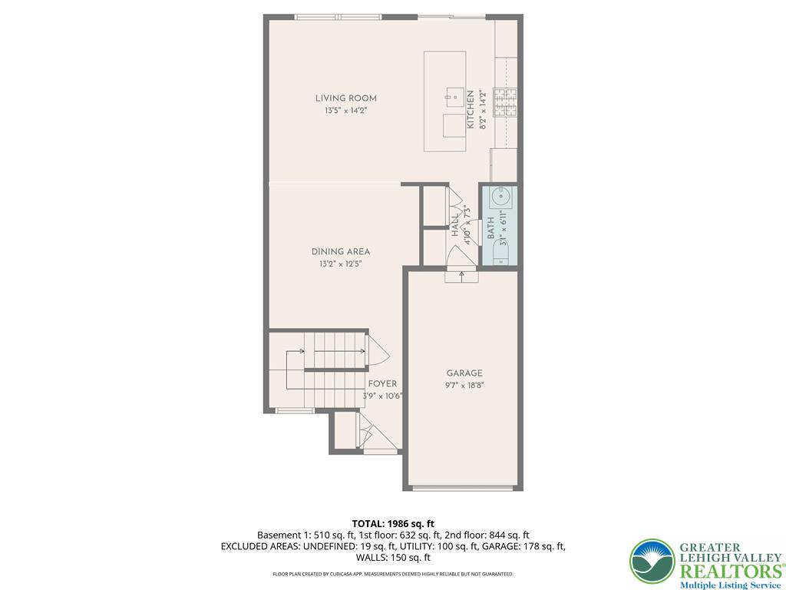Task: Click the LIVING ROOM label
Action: (x=346, y=98)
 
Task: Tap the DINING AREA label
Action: (x=341, y=252)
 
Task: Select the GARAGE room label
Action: (x=464, y=373)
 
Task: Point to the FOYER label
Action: (x=382, y=384)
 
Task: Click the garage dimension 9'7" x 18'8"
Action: (x=464, y=386)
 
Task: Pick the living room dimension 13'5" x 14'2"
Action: (x=346, y=111)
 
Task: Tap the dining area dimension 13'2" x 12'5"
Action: (x=341, y=264)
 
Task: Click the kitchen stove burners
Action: (x=505, y=103)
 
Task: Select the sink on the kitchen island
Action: (x=455, y=97)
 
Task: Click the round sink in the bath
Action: (x=500, y=197)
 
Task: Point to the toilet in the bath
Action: (x=501, y=251)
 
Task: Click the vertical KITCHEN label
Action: (x=471, y=109)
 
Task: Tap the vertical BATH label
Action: (x=490, y=227)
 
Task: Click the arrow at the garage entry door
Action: (x=461, y=277)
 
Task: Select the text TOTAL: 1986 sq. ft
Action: (x=393, y=525)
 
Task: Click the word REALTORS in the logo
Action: (x=732, y=571)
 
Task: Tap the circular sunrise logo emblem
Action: (x=652, y=562)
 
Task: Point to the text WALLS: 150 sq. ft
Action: (x=393, y=558)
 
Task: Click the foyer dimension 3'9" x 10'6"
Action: (x=383, y=396)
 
